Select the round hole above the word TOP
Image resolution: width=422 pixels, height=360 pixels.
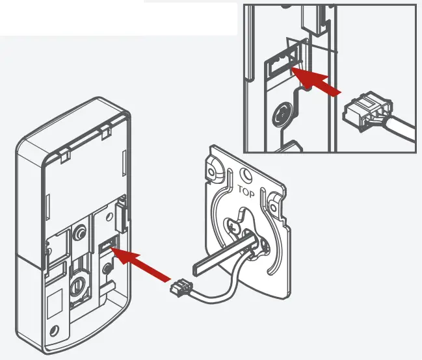(245, 175)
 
